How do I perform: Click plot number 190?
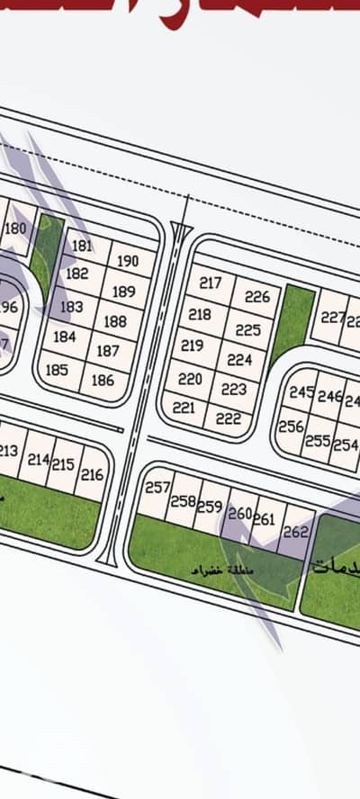[x=129, y=261]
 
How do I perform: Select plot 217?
[x=211, y=283]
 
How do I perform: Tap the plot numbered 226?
[x=256, y=298]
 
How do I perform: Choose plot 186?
[x=103, y=381]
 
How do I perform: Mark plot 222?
[x=229, y=418]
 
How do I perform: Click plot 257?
[x=157, y=488]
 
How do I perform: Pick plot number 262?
[x=295, y=532]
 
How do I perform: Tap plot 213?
[x=10, y=451]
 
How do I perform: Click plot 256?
[x=291, y=426]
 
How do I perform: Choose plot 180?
[x=15, y=229]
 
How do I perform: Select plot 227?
[x=333, y=318]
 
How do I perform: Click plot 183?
[x=71, y=307]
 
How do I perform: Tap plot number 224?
[x=239, y=360]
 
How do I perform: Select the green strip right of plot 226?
[x=290, y=324]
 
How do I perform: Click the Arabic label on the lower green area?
[x=211, y=570]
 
